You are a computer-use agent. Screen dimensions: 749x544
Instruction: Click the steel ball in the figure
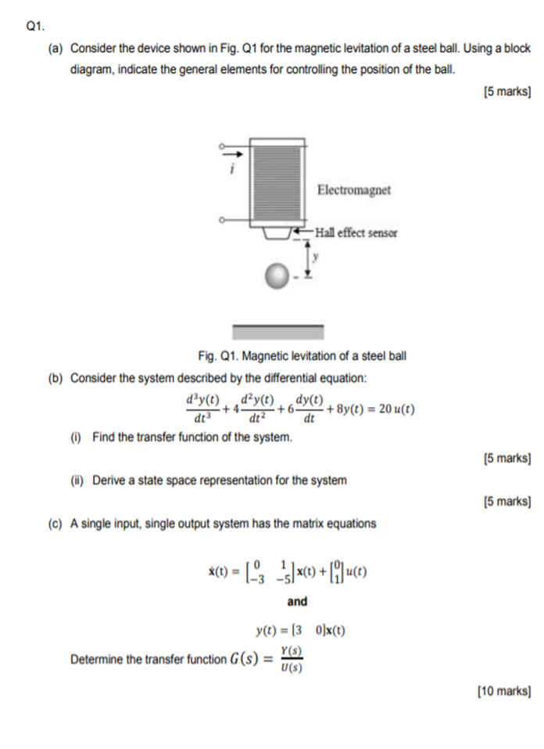(276, 275)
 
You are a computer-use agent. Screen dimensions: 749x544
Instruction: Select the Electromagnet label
(353, 190)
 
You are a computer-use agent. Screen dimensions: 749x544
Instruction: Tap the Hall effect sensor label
(356, 232)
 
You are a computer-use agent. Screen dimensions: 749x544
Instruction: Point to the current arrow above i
(231, 153)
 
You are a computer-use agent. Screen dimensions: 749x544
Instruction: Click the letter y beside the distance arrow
(317, 255)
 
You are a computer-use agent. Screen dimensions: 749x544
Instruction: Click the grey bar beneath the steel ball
(278, 331)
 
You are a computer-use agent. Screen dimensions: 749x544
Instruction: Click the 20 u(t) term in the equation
(392, 409)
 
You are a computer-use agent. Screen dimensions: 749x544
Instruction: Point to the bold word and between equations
(297, 601)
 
